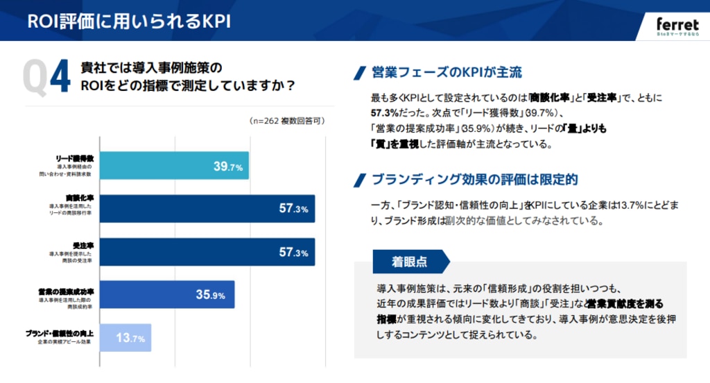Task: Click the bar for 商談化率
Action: (207, 209)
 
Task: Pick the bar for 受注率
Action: (207, 252)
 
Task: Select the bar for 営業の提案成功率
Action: (167, 295)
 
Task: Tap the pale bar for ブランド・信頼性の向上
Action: (125, 338)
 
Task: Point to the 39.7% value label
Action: (227, 167)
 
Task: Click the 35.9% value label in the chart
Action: (210, 295)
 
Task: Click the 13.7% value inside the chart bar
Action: (130, 338)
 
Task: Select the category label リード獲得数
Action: (74, 159)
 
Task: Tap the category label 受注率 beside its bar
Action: (83, 245)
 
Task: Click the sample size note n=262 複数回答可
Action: (286, 121)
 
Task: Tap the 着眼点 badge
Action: (409, 262)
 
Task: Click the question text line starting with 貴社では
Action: (150, 69)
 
